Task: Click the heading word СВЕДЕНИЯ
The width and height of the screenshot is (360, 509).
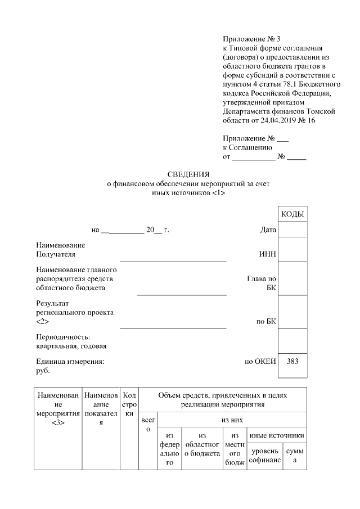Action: tap(188, 174)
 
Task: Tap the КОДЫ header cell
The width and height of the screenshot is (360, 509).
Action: tap(292, 215)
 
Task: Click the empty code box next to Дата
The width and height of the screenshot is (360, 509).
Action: tap(292, 229)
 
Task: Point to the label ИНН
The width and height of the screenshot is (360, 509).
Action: tap(268, 255)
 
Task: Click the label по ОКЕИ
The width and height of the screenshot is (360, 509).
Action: tap(260, 361)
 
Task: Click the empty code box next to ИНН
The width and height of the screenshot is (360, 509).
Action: tap(292, 249)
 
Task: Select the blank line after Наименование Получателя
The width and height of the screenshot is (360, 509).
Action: tap(173, 260)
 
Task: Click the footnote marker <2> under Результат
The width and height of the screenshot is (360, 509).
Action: tap(42, 321)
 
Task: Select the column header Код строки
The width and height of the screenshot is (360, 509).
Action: tap(129, 404)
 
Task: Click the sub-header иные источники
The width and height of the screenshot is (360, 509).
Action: tap(277, 435)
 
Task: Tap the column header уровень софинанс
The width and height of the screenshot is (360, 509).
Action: tap(264, 456)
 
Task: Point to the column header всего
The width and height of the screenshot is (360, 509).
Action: tap(148, 425)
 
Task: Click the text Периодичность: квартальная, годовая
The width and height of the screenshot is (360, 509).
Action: tap(71, 341)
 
